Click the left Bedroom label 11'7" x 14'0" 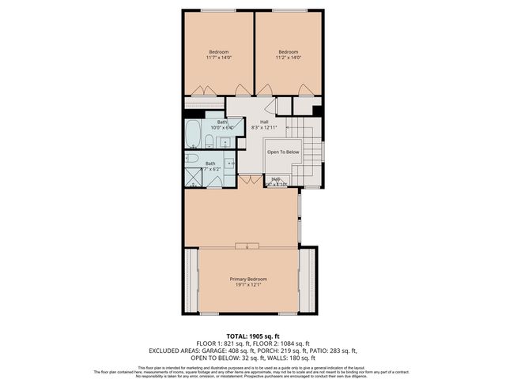click(218, 54)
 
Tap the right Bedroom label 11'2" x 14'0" click(288, 54)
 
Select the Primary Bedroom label click(248, 282)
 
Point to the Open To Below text click(282, 152)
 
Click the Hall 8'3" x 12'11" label click(253, 124)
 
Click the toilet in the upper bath click(208, 141)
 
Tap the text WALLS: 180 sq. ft click(283, 357)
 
